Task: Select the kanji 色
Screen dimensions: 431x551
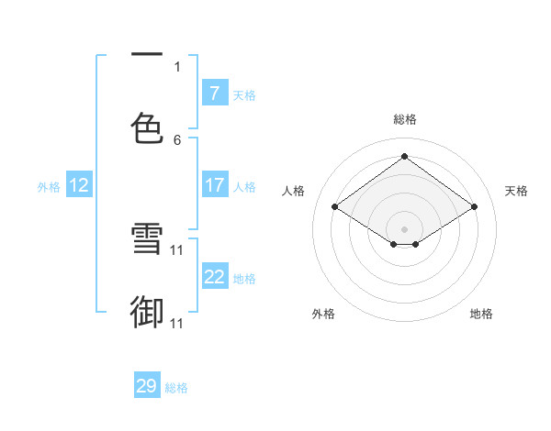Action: (147, 127)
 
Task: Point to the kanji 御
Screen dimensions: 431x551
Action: (147, 312)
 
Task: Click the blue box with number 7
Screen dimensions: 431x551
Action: (215, 93)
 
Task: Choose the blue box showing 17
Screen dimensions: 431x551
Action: (215, 185)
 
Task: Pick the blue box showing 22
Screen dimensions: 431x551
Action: (215, 277)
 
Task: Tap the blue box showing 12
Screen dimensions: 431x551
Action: (79, 185)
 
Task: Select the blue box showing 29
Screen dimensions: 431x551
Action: (147, 386)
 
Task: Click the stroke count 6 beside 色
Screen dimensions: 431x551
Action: (177, 140)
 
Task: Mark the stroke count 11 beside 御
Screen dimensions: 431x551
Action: (177, 324)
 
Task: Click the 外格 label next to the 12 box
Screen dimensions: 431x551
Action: (49, 186)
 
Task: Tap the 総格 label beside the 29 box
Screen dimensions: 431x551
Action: (176, 388)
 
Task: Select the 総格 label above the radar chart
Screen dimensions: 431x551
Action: (405, 119)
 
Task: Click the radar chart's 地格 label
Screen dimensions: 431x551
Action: (481, 314)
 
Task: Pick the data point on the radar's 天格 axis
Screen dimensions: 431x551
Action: (474, 207)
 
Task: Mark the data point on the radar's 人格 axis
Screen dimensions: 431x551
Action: (335, 207)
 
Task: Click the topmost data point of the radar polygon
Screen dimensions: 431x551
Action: (405, 156)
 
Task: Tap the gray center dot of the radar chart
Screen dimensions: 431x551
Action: (405, 227)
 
